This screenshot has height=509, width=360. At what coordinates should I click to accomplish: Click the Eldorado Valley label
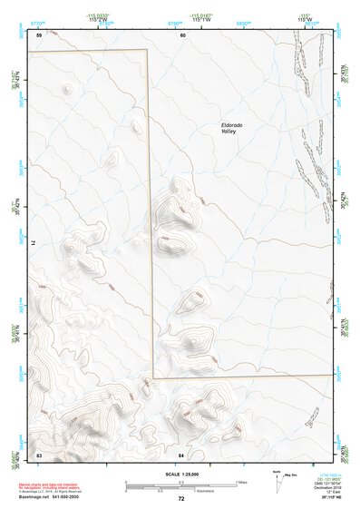pyautogui.click(x=233, y=129)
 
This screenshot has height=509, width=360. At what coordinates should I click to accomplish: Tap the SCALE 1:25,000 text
pyautogui.click(x=180, y=474)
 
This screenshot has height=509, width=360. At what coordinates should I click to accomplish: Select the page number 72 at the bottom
pyautogui.click(x=181, y=499)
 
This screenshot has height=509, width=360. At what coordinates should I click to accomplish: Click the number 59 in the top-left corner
pyautogui.click(x=39, y=35)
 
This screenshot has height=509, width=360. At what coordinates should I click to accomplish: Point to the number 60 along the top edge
pyautogui.click(x=182, y=35)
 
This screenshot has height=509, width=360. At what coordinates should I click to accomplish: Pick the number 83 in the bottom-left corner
pyautogui.click(x=39, y=453)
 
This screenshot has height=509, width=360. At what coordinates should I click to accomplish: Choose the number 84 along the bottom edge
pyautogui.click(x=181, y=453)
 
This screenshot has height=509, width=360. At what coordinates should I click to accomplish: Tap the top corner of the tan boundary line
pyautogui.click(x=148, y=51)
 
